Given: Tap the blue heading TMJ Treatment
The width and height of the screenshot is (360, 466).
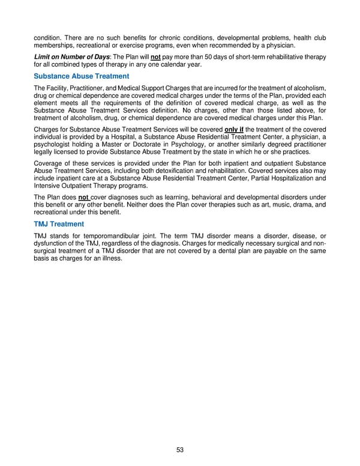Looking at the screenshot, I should pos(59,223).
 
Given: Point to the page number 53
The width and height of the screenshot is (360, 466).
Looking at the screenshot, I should pos(180,449).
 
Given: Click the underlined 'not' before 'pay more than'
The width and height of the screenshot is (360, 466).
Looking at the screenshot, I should pos(158,56).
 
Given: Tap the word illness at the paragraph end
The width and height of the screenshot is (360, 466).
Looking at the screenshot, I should pos(110,258).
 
